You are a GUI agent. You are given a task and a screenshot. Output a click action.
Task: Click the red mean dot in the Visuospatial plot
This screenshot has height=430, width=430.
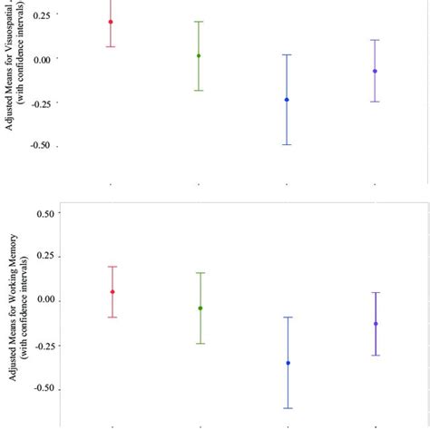111,22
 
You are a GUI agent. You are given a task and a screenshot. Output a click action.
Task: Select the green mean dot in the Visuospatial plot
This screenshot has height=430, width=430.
199,55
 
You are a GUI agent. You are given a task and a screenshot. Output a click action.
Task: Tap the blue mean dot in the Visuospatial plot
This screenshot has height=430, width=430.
287,100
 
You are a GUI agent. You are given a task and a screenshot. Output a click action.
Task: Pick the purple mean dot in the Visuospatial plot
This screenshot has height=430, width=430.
375,71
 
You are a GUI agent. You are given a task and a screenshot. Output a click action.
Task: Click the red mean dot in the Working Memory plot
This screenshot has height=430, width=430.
112,292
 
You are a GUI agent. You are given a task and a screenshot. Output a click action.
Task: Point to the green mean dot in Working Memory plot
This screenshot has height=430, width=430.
200,308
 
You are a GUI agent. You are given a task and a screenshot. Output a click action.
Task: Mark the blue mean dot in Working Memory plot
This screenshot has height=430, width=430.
288,363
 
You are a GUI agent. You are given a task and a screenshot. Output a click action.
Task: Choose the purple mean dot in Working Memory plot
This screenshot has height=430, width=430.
376,324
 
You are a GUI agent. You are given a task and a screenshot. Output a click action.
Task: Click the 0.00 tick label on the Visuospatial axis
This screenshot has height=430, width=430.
46,59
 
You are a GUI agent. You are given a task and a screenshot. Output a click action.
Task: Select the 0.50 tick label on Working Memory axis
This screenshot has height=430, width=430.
46,214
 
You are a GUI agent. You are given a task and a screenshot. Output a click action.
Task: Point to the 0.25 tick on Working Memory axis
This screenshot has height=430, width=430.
46,257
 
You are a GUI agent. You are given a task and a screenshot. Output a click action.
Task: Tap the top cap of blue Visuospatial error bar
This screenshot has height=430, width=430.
287,54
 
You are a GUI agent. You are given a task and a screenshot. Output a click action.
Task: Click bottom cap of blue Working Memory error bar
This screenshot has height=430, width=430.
288,408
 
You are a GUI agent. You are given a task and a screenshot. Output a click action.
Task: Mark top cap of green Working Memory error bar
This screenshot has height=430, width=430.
200,272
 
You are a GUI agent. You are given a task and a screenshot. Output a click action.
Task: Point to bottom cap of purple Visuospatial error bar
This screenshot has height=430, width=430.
375,102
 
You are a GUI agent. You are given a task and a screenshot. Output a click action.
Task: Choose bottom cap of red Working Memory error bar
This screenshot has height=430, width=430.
112,318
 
